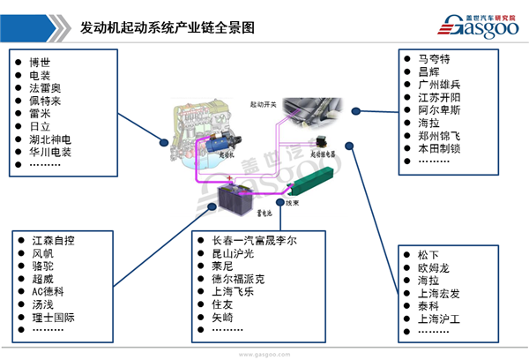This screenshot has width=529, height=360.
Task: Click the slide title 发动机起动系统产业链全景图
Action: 167,27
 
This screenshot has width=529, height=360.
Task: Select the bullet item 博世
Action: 40,61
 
